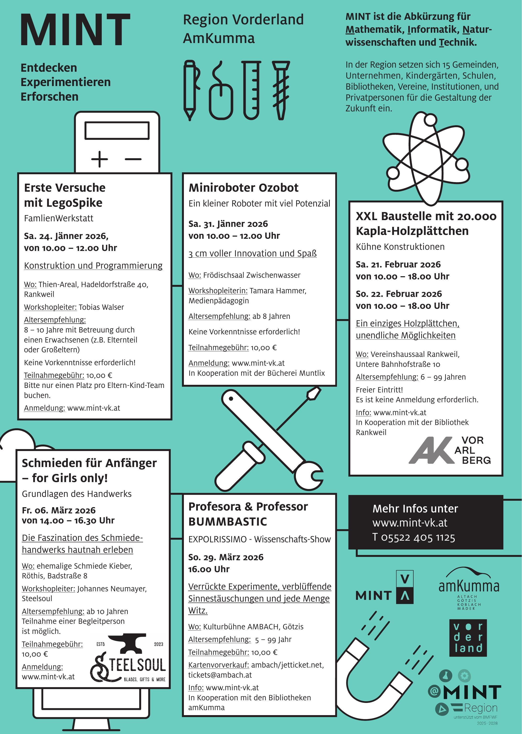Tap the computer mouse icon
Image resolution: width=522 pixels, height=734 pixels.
click(x=221, y=100)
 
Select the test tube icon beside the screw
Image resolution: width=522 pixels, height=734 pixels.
click(x=251, y=90)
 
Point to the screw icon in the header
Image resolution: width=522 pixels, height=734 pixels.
click(x=281, y=90)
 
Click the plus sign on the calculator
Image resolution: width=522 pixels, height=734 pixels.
click(x=99, y=159)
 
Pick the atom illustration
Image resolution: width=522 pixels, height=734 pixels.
click(x=426, y=158)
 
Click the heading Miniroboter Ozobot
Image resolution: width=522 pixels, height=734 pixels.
click(x=243, y=188)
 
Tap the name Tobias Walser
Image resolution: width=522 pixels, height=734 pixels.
click(x=101, y=307)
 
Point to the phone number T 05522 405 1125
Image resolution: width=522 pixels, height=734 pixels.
click(x=414, y=537)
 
